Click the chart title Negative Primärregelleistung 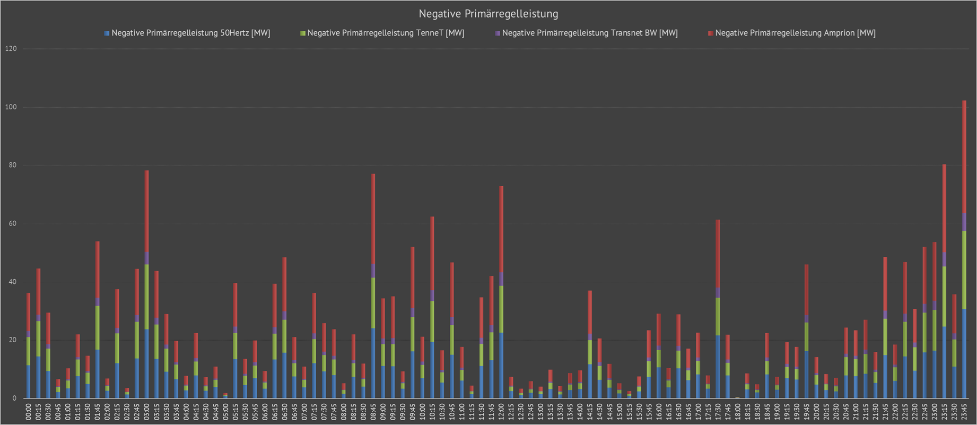pos(488,13)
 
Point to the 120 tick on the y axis pos(11,49)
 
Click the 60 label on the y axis pos(12,223)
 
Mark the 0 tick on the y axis pos(14,398)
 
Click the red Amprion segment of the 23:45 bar pos(964,157)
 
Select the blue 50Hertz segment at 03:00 pos(146,364)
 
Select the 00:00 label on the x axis pos(29,412)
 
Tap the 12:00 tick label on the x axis pos(501,412)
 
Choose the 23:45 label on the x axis pos(964,412)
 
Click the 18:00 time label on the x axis pos(738,412)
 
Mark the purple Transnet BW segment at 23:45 pos(964,222)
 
